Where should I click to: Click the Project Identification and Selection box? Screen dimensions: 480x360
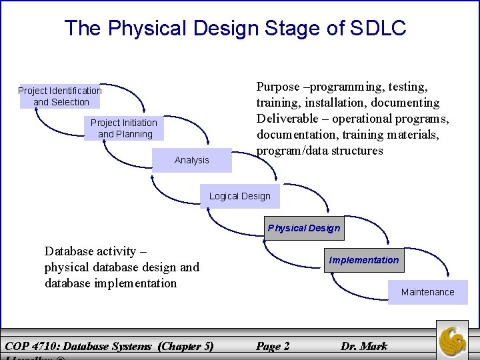click(60, 96)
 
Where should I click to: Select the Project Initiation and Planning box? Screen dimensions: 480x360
click(125, 128)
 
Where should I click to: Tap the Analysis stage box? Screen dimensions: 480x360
click(191, 160)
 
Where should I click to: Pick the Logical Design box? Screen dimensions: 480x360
click(239, 196)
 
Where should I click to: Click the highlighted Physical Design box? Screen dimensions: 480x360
click(304, 228)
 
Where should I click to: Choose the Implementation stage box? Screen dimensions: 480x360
click(364, 260)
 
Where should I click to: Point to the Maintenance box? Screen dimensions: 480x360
click(427, 292)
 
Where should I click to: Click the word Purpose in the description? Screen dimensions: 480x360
click(277, 87)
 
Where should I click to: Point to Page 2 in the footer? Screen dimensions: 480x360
click(273, 346)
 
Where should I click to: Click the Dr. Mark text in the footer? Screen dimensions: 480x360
click(364, 346)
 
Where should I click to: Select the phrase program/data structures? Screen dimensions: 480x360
click(320, 151)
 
